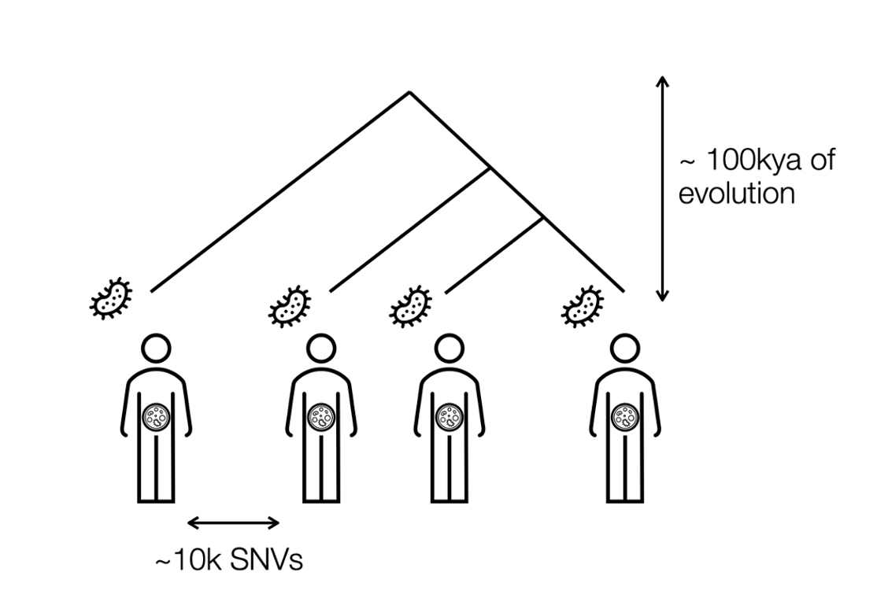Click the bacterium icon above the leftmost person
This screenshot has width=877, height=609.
111,298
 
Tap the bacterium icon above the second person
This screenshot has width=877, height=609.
290,304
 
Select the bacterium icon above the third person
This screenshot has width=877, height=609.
410,305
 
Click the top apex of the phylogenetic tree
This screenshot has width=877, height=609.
409,92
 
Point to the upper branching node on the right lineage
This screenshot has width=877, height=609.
491,168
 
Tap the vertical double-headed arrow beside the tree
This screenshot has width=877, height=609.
662,189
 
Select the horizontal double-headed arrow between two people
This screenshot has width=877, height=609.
234,522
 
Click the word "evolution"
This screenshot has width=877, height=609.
736,194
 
